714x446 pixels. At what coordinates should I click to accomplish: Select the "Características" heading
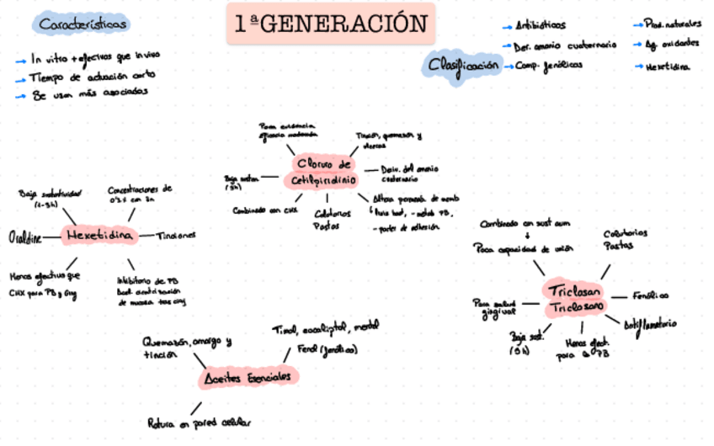(84, 25)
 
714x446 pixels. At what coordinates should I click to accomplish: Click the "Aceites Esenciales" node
(249, 378)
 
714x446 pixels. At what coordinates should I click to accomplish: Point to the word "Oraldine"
(25, 236)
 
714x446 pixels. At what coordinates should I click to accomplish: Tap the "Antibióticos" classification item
(540, 25)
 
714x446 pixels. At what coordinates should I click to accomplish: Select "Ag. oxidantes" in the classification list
(671, 44)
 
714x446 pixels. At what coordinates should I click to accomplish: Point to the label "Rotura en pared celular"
(200, 422)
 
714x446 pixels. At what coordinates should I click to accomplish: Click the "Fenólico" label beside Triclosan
(651, 295)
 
